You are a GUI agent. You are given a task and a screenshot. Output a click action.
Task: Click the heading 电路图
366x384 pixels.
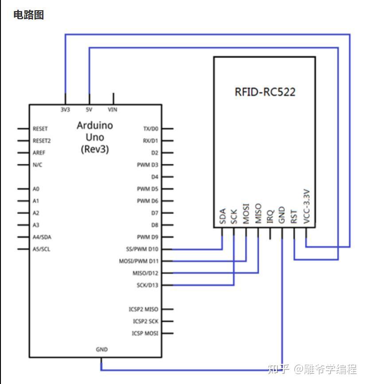click(x=28, y=15)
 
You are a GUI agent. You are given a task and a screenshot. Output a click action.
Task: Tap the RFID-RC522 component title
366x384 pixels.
click(x=265, y=92)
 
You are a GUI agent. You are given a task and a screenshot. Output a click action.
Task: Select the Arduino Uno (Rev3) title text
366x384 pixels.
click(x=95, y=137)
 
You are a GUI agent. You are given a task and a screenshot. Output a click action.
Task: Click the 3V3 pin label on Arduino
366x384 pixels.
click(x=65, y=110)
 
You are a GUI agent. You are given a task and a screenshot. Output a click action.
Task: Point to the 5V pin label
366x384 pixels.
click(x=89, y=110)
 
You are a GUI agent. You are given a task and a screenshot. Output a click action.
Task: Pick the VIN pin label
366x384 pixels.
click(x=113, y=110)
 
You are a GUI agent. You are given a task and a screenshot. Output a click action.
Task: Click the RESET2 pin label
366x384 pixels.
click(x=42, y=141)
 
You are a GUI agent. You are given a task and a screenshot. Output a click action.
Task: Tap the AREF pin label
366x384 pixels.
click(x=39, y=153)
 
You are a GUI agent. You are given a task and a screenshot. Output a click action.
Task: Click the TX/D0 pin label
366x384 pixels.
click(x=151, y=129)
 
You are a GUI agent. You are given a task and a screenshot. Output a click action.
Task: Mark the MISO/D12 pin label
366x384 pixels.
click(x=145, y=273)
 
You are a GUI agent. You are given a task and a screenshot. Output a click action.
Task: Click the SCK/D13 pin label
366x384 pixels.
click(x=148, y=285)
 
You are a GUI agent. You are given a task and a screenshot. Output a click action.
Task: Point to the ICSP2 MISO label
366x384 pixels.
click(x=144, y=309)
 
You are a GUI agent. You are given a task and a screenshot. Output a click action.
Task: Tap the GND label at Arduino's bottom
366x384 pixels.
click(x=101, y=349)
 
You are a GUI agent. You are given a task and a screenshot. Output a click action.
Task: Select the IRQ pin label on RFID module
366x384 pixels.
click(x=270, y=216)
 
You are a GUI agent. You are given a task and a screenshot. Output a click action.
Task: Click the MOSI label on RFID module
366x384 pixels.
click(x=246, y=214)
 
